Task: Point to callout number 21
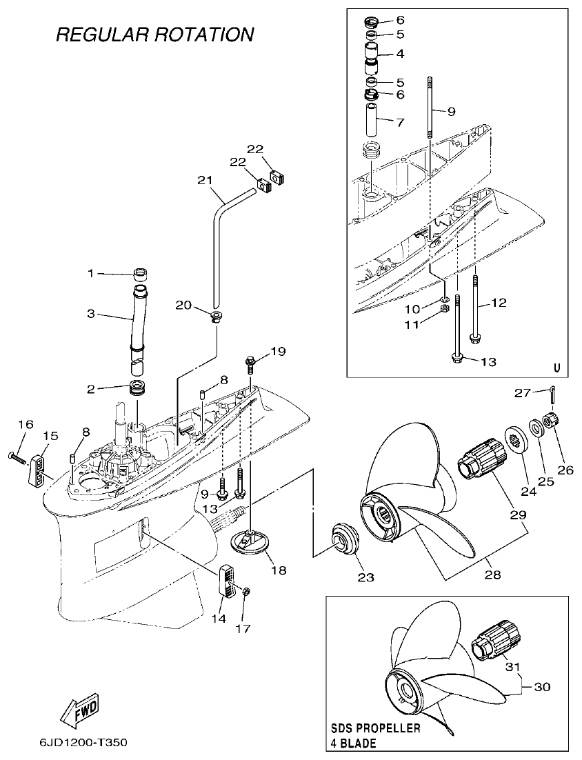coord(204,181)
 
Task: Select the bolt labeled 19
coord(250,361)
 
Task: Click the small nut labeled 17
coord(246,592)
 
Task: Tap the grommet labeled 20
coord(215,317)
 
